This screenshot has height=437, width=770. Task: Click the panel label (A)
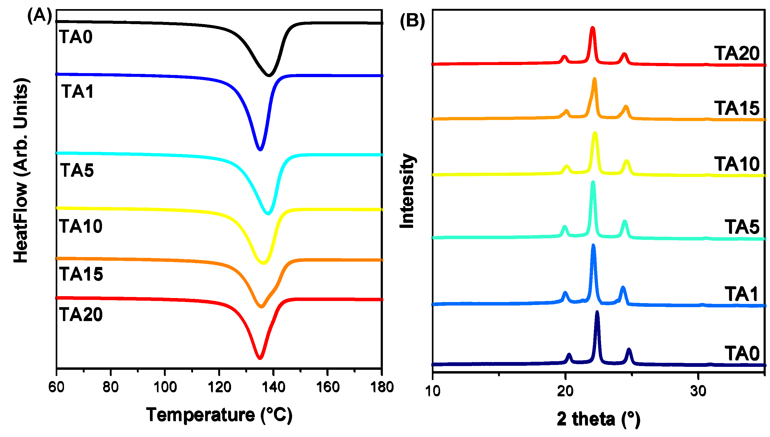[x=40, y=16]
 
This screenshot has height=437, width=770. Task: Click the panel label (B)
[x=412, y=21]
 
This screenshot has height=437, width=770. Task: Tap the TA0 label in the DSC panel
[x=76, y=37]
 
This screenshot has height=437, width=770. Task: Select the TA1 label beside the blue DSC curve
[x=77, y=92]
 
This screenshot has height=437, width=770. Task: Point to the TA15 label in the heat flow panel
[x=81, y=274]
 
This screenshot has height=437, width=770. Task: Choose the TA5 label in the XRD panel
[x=742, y=227]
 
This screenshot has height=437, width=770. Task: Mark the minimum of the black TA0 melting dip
[x=269, y=75]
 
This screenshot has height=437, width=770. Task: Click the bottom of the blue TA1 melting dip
[x=260, y=149]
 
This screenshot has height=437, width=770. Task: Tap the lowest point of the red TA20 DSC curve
[x=260, y=358]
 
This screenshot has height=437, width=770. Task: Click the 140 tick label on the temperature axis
[x=273, y=387]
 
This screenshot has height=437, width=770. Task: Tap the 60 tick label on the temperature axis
[x=56, y=387]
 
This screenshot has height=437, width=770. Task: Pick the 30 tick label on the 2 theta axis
[x=698, y=391]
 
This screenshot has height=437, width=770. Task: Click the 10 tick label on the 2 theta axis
[x=433, y=391]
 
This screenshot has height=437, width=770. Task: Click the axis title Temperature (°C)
[x=219, y=415]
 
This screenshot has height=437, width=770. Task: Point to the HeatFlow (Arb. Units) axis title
[x=21, y=170]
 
